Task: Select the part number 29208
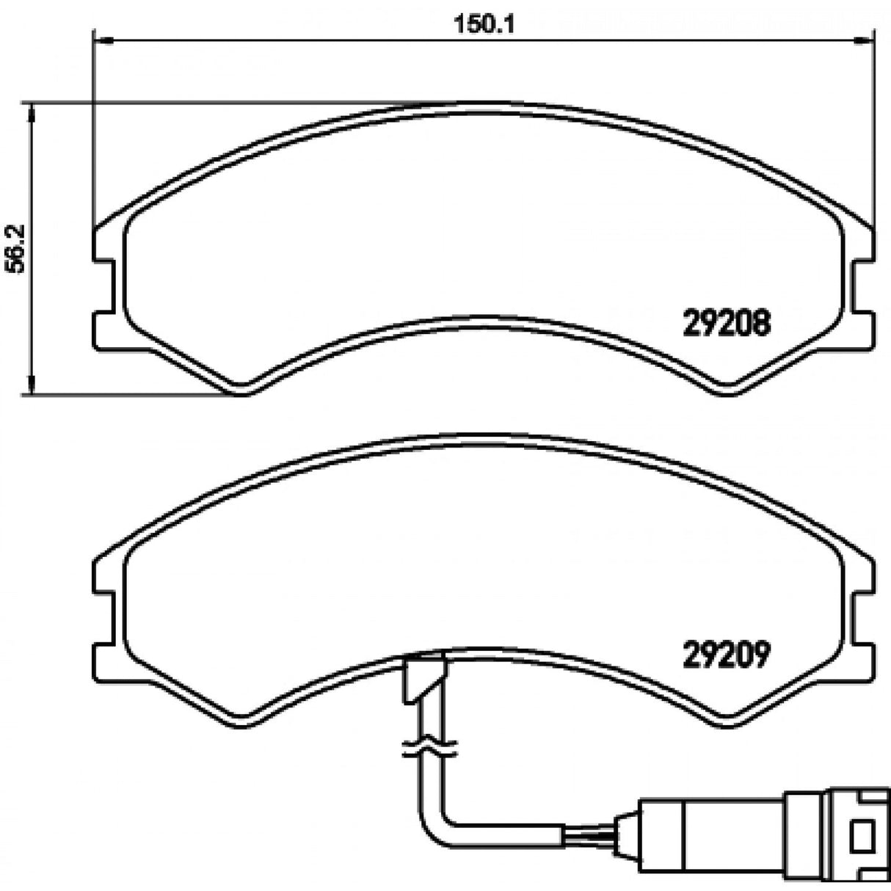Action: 727,321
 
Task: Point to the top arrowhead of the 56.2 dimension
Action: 31,110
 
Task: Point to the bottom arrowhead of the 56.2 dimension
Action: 31,388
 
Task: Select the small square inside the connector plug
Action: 863,832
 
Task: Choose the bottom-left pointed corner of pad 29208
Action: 243,390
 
